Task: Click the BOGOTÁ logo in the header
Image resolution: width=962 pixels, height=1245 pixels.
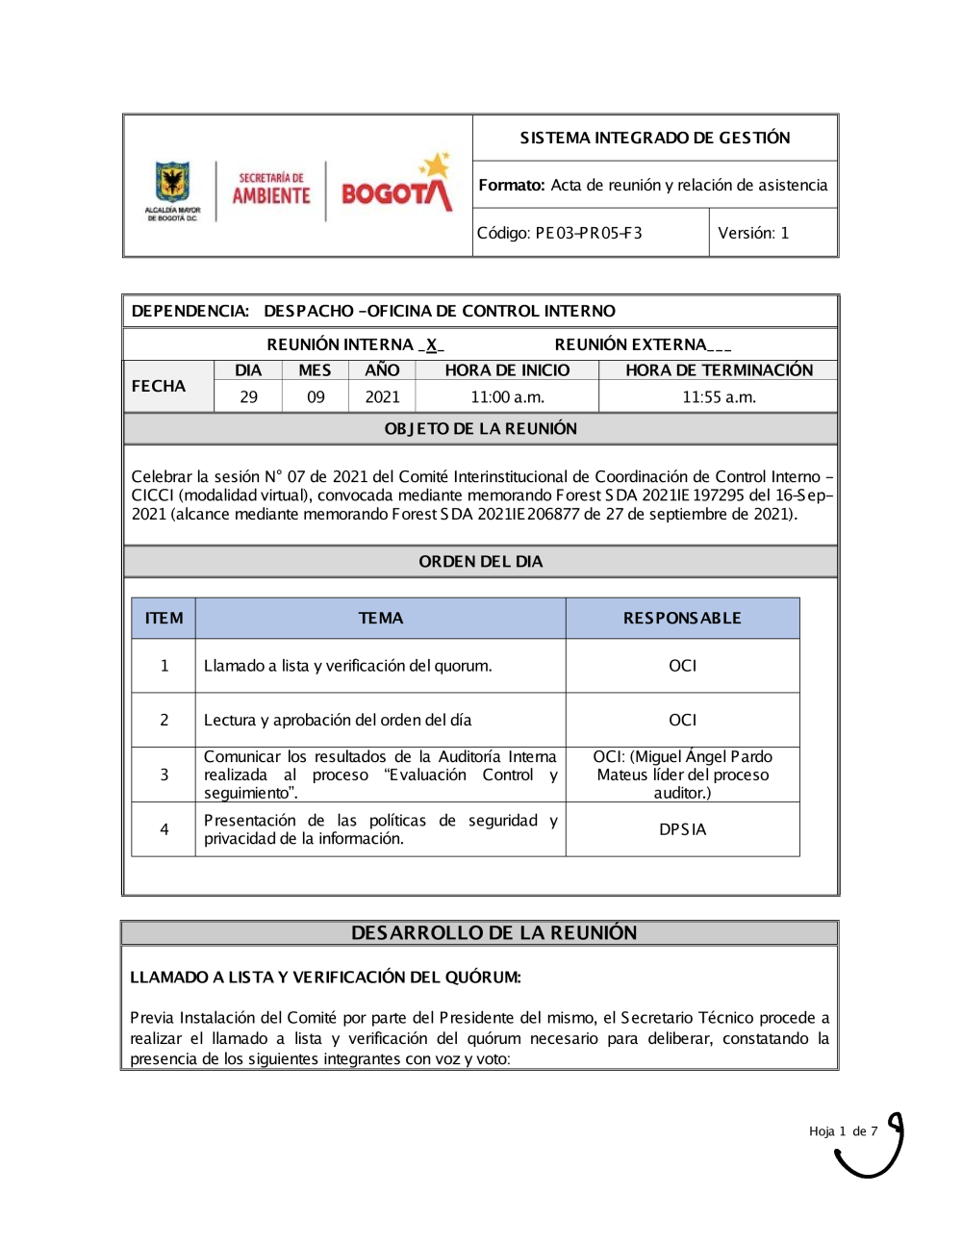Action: [396, 187]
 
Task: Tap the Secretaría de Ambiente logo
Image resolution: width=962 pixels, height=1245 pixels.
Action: [271, 190]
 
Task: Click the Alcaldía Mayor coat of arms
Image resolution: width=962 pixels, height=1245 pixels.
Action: [172, 190]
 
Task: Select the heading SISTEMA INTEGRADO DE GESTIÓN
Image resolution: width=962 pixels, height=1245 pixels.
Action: [655, 138]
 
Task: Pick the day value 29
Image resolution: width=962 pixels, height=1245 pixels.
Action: [248, 396]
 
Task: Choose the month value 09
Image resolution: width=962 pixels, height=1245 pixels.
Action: [316, 396]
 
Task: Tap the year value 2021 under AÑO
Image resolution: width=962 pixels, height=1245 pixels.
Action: [382, 396]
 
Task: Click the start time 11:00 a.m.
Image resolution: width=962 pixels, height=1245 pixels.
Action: [507, 396]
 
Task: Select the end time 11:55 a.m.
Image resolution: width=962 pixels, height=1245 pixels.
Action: [719, 396]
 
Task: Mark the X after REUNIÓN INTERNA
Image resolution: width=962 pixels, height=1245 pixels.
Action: [432, 344]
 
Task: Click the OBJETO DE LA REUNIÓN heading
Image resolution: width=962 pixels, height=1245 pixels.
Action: [480, 428]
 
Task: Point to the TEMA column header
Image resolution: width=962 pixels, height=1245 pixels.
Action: [380, 618]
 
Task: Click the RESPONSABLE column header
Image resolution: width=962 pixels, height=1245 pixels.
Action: [682, 618]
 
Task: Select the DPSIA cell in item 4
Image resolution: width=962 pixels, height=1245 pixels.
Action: [682, 829]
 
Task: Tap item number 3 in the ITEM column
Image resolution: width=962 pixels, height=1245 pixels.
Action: [165, 775]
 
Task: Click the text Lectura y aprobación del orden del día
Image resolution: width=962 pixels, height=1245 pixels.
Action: [338, 720]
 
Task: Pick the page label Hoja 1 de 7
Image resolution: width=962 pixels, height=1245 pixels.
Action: [843, 1131]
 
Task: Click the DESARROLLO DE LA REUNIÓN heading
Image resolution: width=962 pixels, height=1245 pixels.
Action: [494, 932]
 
